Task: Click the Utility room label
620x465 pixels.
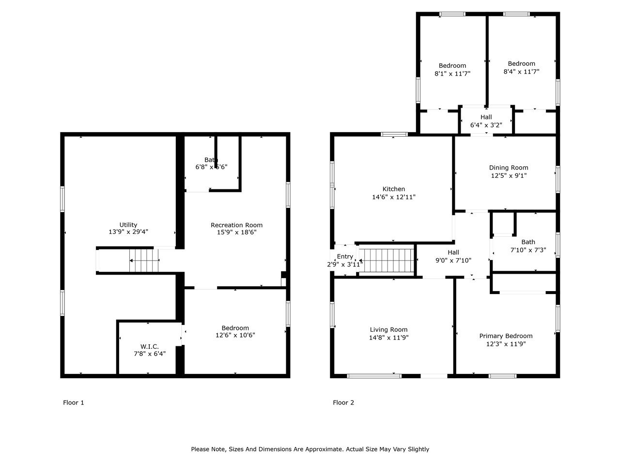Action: coord(128,225)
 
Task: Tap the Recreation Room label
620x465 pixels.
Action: coord(236,225)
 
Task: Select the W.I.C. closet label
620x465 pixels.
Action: coord(149,346)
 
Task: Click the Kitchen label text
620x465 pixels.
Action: coord(393,189)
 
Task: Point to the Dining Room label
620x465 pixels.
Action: coord(508,168)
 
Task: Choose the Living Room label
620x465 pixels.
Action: coord(388,330)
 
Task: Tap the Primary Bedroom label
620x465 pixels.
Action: coord(506,336)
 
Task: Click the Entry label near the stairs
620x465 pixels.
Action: coord(345,257)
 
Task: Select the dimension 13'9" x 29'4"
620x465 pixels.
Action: coord(128,232)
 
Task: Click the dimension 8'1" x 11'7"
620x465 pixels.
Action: coord(452,74)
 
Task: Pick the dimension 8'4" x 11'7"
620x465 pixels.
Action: coord(521,72)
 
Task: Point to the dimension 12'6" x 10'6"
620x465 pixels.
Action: coord(235,335)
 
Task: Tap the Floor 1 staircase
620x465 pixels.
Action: coord(144,261)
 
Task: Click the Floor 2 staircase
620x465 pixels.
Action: coord(389,261)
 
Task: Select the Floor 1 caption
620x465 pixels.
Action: coord(74,403)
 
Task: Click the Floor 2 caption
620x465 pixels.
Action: coord(343,403)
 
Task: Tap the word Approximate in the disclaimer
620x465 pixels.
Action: coord(320,449)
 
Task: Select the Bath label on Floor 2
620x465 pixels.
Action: coord(528,242)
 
